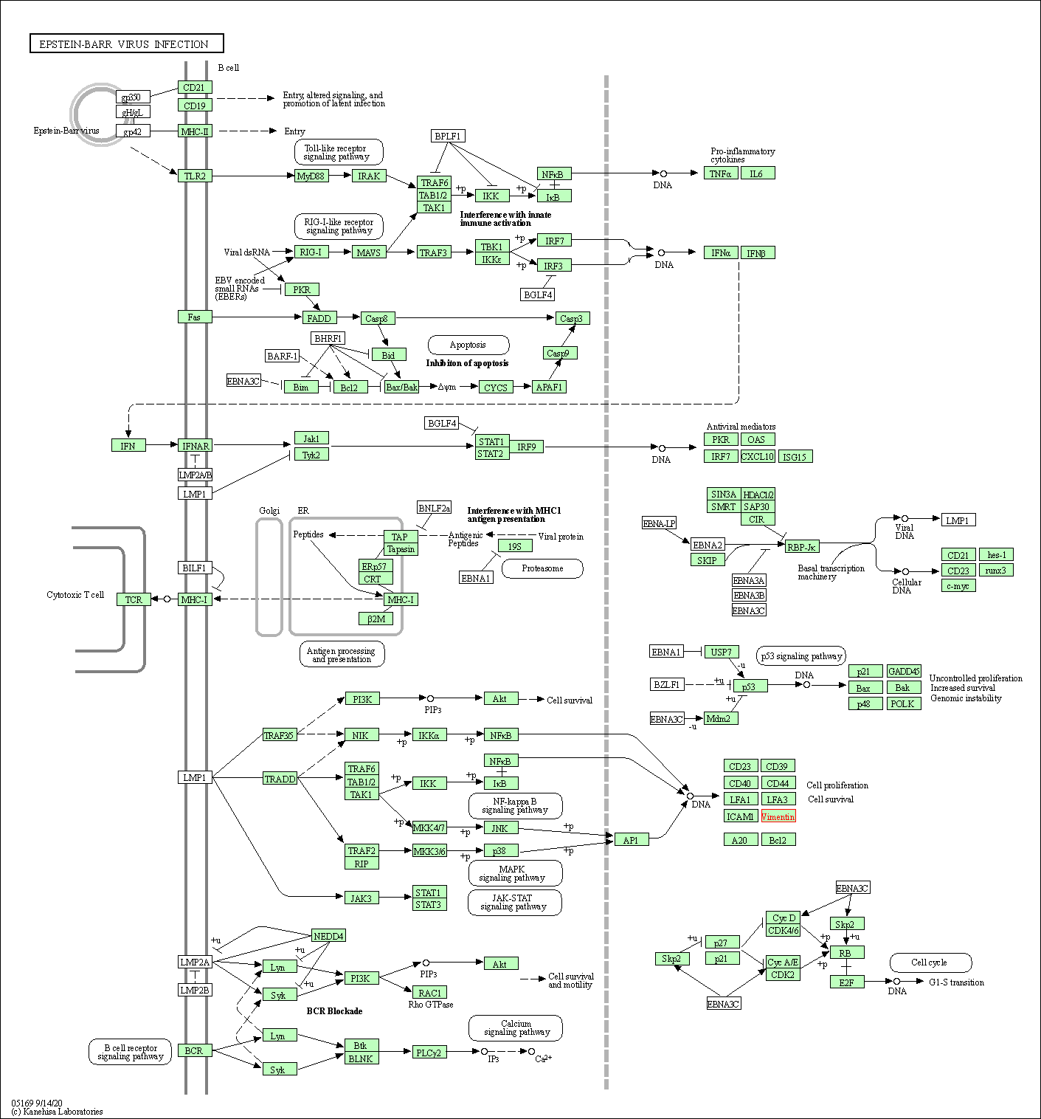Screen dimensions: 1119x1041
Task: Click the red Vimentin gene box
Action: (x=778, y=816)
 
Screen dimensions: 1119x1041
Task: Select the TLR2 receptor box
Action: (x=195, y=176)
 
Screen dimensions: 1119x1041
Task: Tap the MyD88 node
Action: (x=311, y=176)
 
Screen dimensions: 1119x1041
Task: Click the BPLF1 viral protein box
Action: (x=448, y=136)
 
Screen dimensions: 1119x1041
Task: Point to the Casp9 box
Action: (x=558, y=353)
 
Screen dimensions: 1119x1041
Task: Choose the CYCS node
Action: (x=496, y=387)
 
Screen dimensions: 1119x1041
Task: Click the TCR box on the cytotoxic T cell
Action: (x=134, y=599)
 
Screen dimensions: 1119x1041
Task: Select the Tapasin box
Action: (x=401, y=549)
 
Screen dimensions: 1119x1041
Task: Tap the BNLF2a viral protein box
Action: (x=434, y=508)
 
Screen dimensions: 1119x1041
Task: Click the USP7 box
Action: (x=721, y=652)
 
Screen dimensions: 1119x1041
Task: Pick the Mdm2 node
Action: (x=719, y=718)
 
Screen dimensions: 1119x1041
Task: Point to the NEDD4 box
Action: (x=328, y=936)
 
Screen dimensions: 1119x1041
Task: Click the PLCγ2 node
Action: (x=429, y=1052)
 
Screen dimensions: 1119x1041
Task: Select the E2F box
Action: (x=846, y=982)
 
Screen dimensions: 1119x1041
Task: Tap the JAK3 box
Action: (x=361, y=898)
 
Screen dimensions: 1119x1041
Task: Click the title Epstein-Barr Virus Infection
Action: (x=126, y=44)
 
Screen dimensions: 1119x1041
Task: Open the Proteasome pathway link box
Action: (x=542, y=568)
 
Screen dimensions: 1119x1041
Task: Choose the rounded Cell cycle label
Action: (x=930, y=963)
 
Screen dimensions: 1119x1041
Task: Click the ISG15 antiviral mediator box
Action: (x=794, y=457)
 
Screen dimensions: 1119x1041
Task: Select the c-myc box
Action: (x=958, y=586)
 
